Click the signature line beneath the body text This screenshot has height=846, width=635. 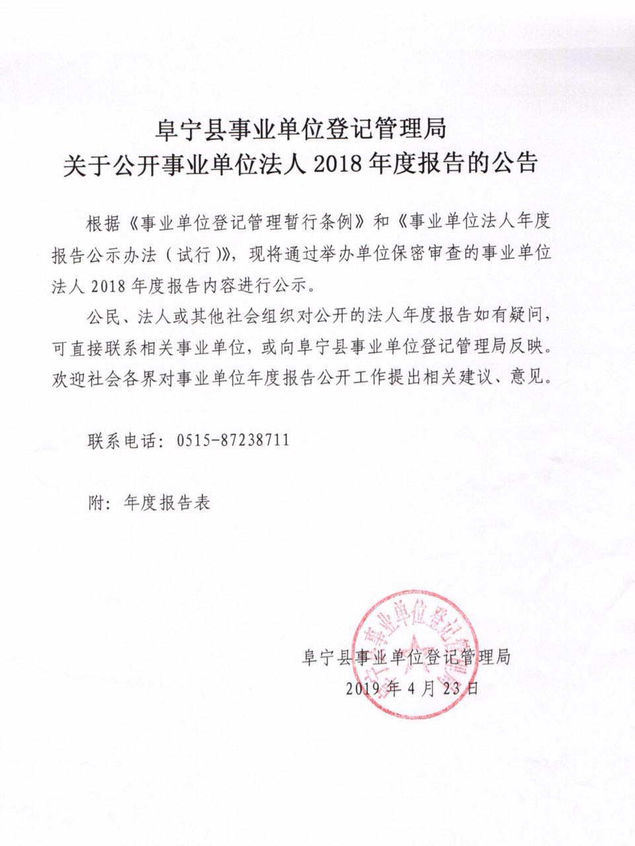405,658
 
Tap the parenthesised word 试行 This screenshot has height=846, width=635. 200,254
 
